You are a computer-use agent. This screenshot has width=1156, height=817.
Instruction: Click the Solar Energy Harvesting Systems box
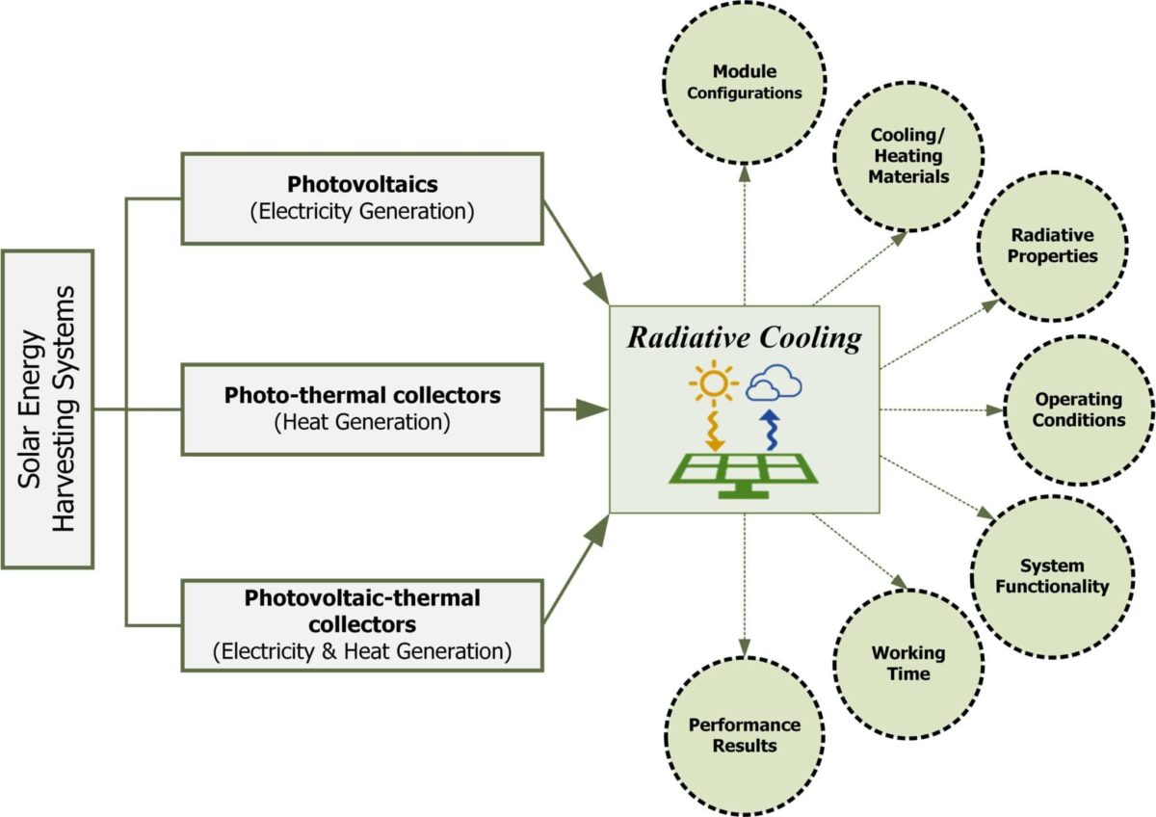pos(47,409)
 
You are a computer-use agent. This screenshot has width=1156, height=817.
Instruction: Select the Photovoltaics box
pos(362,198)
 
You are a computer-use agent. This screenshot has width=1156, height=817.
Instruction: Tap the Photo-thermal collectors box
pos(362,409)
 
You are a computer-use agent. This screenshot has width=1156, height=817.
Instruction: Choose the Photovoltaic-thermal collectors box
pos(362,625)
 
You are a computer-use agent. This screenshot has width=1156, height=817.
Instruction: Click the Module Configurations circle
pos(744,83)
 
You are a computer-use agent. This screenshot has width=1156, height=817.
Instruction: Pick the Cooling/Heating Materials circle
pos(908,156)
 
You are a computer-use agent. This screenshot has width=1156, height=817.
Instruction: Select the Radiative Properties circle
pos(1052,247)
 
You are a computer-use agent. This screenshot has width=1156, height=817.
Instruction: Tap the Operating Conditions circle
pos(1079,410)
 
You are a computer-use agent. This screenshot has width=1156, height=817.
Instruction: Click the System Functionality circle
pos(1052,576)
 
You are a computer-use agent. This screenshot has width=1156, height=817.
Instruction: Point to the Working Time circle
pos(908,664)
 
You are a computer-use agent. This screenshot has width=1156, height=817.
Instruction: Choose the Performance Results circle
pos(744,736)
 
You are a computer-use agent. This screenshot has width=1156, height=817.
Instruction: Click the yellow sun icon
pos(714,382)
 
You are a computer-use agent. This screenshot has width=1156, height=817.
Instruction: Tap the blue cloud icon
pos(774,382)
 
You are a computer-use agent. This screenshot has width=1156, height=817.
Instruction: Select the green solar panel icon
pos(744,476)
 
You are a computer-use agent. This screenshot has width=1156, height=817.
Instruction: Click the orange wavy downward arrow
pos(714,432)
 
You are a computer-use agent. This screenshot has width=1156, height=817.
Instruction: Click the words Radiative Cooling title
pos(744,338)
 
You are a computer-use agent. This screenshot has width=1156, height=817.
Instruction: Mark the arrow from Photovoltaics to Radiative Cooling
pos(576,252)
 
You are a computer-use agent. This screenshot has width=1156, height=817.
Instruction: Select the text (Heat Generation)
pos(362,422)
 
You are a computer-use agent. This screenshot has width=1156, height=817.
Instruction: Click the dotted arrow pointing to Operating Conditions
pos(942,410)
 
